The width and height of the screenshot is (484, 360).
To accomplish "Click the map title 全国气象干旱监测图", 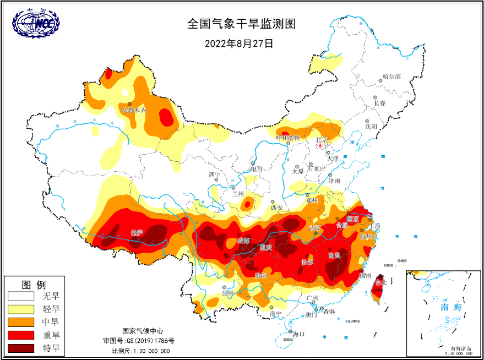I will click(x=242, y=24).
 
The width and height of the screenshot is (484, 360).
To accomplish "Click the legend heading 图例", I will click(x=34, y=284).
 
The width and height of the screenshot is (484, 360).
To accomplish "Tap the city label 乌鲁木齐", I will click(x=134, y=110).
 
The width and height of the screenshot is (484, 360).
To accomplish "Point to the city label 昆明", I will click(x=227, y=292).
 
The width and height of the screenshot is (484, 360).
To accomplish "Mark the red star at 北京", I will click(x=322, y=146).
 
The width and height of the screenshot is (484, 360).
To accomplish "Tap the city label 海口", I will click(x=299, y=334).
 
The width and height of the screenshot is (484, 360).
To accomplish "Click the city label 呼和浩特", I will click(x=287, y=138).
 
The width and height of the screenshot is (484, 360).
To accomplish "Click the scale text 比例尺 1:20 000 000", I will click(x=141, y=351).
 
